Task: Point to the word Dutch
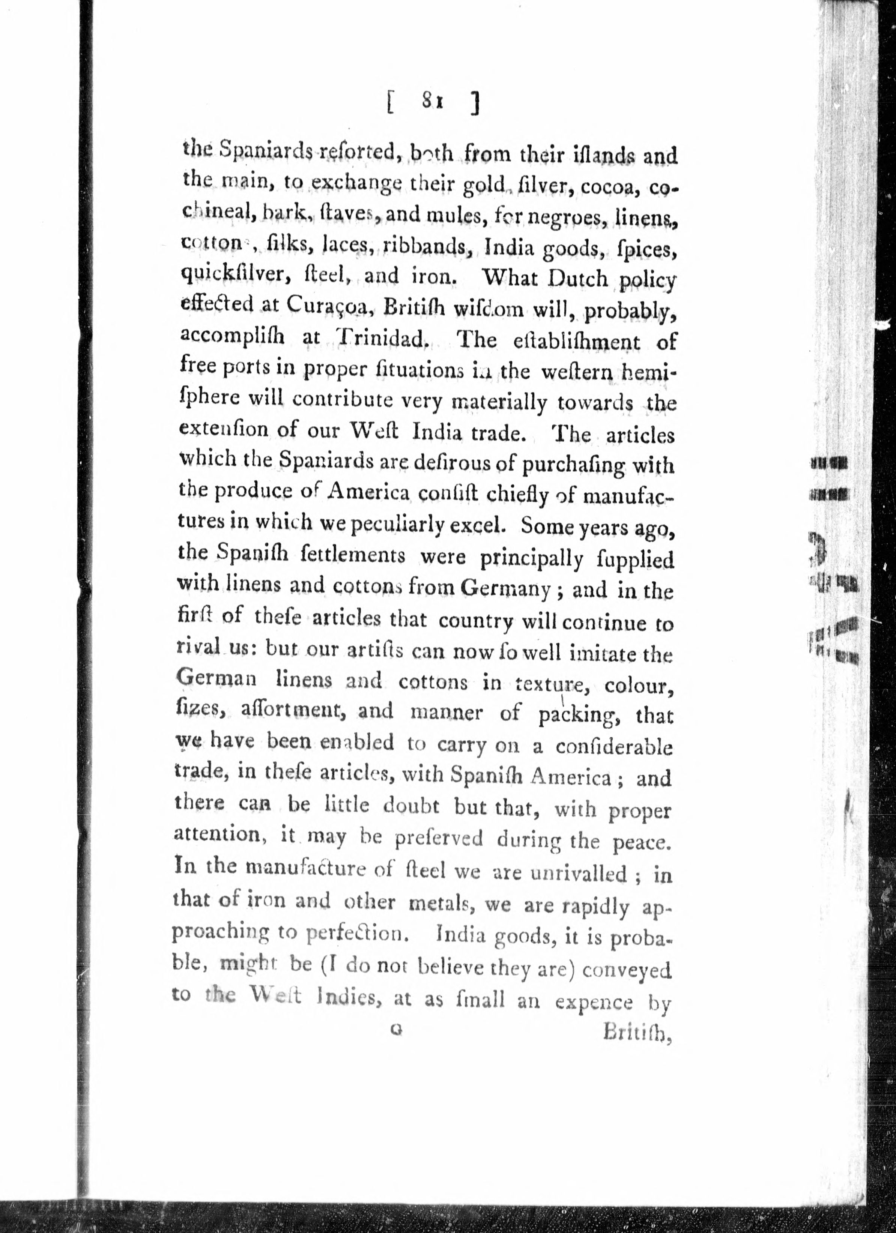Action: pyautogui.click(x=578, y=278)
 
